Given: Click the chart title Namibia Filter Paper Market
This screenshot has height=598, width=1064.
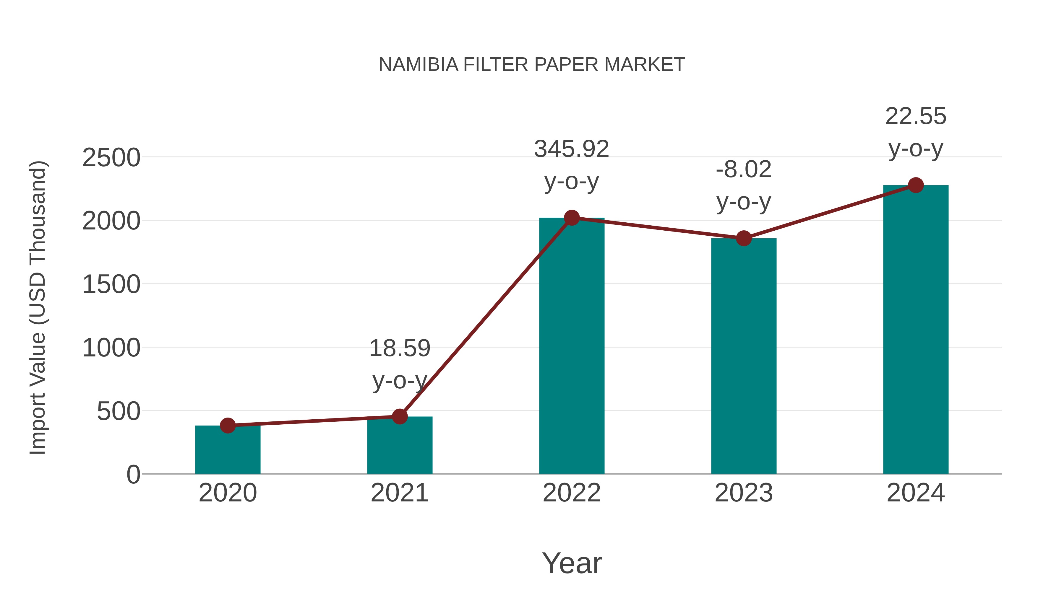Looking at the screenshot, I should pyautogui.click(x=532, y=65).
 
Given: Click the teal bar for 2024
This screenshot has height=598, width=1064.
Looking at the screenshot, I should pyautogui.click(x=916, y=330).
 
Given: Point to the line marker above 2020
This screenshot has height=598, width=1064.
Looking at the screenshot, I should pyautogui.click(x=228, y=426).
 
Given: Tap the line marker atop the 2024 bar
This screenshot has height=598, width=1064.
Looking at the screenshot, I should pyautogui.click(x=916, y=185).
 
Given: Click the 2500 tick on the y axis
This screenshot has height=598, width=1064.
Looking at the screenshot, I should pyautogui.click(x=111, y=158).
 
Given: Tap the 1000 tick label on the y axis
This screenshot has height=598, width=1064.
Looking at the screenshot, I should pyautogui.click(x=111, y=348).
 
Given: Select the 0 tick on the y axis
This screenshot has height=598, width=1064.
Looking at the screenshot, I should pyautogui.click(x=133, y=475).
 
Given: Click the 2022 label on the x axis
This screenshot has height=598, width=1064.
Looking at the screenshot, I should pyautogui.click(x=572, y=493).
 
